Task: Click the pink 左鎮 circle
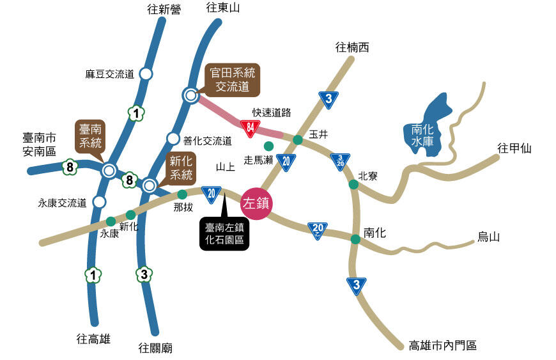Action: coord(256,204)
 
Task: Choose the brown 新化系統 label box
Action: coord(181,168)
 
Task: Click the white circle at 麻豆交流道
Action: coord(146,74)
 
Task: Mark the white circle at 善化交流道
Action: coord(173,138)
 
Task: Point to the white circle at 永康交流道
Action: coord(99,202)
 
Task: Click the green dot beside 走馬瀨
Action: coord(268,146)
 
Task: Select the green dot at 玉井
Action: coord(297,139)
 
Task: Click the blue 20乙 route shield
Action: coord(318,229)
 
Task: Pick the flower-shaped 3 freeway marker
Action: coord(144,275)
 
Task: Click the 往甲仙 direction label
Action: coord(514,149)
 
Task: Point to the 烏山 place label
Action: coord(488,237)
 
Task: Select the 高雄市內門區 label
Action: coord(443,346)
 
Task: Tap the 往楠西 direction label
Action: coord(352,48)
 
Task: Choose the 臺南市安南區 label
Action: coord(40,145)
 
